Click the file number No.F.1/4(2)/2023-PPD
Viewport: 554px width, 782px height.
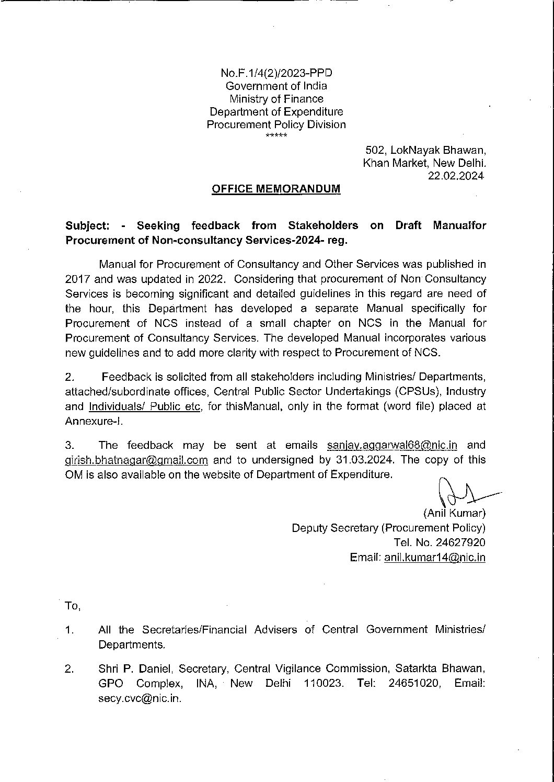[276, 73]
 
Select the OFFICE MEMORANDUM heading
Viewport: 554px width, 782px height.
[276, 189]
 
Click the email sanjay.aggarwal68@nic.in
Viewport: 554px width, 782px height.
[392, 445]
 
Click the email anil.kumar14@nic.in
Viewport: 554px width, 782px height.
[434, 558]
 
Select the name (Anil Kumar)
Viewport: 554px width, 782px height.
[454, 513]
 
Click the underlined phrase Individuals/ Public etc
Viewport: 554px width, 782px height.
[145, 406]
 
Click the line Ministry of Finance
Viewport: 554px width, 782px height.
[276, 99]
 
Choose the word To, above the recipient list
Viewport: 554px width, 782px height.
[72, 606]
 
